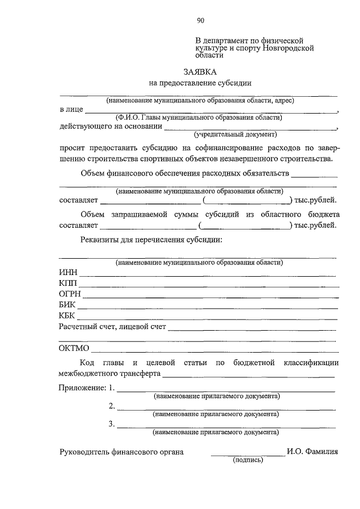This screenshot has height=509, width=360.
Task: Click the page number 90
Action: [x=200, y=21]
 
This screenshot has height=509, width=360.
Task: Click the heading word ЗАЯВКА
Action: [x=200, y=72]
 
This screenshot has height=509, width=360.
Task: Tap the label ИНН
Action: [x=68, y=273]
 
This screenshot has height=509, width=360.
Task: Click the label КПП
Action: [x=68, y=283]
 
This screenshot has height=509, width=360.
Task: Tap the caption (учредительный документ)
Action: [x=236, y=135]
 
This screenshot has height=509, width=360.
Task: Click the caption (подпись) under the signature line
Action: [x=248, y=460]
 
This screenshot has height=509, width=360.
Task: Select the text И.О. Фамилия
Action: [x=312, y=451]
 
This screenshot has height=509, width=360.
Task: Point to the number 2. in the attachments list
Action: [x=112, y=406]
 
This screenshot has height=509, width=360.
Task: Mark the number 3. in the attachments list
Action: [x=112, y=424]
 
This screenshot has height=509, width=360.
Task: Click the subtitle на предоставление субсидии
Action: [x=200, y=83]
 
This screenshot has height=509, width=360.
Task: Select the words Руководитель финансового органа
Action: [x=121, y=451]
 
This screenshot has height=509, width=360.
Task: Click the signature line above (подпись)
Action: [x=247, y=454]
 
